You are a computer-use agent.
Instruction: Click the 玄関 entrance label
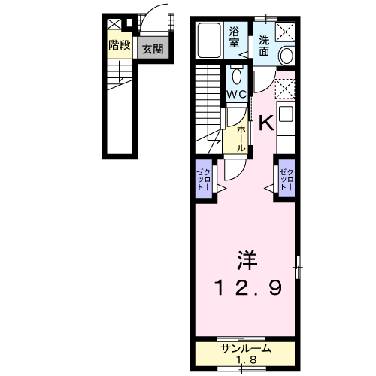coord(153,49)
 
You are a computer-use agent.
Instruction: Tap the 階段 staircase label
coord(120,45)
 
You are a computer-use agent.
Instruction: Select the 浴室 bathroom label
coord(234,37)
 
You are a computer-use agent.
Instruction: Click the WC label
coord(236,94)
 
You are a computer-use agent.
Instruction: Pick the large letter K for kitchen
coord(266,123)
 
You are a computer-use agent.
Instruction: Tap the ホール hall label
coord(241,138)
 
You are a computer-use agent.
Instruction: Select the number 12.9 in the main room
coord(248,287)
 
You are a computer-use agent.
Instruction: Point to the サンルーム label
coord(246,349)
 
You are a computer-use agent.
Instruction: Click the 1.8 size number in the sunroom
coord(246,360)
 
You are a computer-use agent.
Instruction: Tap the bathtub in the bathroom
coord(209,41)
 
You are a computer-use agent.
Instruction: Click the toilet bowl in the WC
coord(236,76)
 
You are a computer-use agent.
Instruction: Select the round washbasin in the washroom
coord(287,56)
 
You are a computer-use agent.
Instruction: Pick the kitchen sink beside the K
coord(286,114)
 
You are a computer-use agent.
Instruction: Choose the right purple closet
coord(287,179)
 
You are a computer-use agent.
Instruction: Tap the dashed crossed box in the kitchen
coord(285,89)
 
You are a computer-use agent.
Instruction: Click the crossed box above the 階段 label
coord(114,24)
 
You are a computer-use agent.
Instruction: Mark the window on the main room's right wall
coord(298,267)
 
